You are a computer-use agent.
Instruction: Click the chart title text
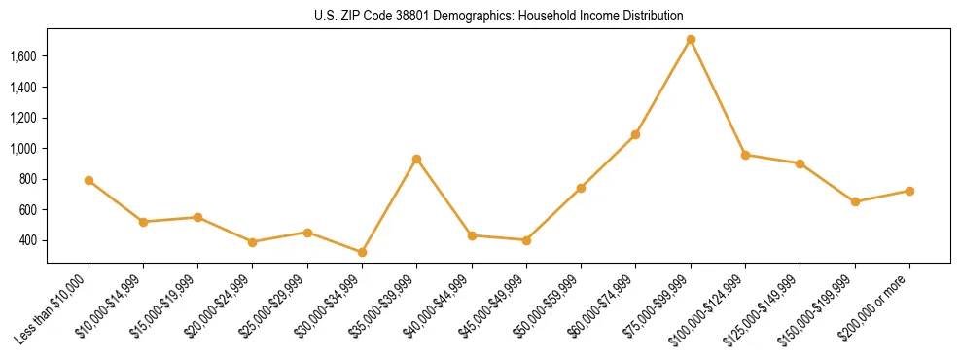click(x=498, y=17)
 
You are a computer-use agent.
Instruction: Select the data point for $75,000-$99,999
click(x=691, y=40)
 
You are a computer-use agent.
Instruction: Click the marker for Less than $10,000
click(x=89, y=180)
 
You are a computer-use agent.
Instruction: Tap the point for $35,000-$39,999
click(x=416, y=159)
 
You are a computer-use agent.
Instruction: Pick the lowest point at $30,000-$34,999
click(x=362, y=252)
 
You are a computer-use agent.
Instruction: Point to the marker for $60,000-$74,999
click(x=635, y=134)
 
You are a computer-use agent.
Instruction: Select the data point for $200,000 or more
click(x=909, y=191)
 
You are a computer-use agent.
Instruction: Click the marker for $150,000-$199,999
click(x=855, y=201)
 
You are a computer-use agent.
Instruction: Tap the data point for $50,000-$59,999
click(x=581, y=188)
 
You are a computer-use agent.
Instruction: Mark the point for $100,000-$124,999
click(x=745, y=155)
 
